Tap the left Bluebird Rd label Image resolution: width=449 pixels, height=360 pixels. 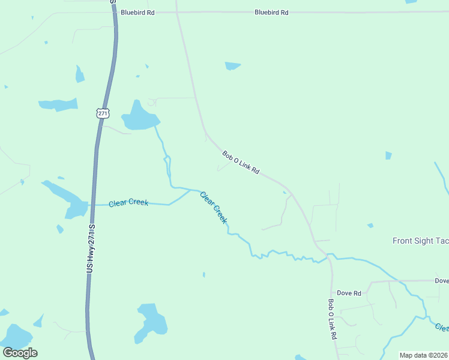click(137, 12)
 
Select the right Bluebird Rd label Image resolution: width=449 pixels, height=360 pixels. click(271, 12)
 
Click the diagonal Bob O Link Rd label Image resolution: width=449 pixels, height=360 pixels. click(241, 163)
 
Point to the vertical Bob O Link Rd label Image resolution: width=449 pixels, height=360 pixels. click(331, 320)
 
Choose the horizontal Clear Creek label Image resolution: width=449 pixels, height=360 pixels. click(128, 203)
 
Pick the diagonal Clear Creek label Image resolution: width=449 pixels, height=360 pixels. click(214, 208)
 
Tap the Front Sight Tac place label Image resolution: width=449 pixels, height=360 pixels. click(420, 241)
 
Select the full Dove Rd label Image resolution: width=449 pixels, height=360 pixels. click(349, 293)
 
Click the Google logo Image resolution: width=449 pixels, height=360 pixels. click(20, 352)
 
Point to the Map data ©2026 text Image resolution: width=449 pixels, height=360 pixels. click(424, 355)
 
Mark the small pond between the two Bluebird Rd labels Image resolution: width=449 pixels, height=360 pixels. click(232, 65)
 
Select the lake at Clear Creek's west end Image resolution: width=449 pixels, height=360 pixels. click(77, 209)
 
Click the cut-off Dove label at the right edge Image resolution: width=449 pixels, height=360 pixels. click(441, 280)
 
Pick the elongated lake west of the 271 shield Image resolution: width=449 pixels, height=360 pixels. click(58, 104)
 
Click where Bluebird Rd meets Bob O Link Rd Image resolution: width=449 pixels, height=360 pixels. click(177, 11)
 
